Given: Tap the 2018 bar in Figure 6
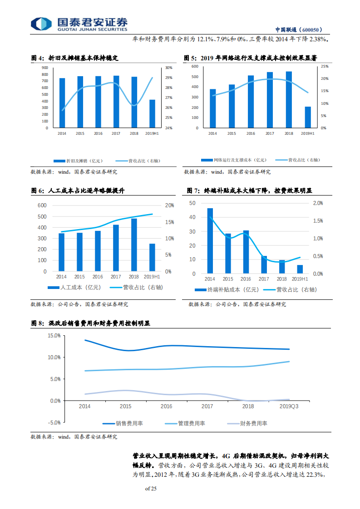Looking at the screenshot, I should coord(134,245).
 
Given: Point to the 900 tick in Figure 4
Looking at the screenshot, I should coord(44,67).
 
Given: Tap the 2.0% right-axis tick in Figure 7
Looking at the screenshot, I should coord(318,203).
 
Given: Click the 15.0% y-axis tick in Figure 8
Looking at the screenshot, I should coord(54,336).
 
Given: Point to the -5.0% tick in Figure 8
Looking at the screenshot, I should coord(54,422).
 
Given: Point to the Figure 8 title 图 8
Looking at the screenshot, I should coord(37,323).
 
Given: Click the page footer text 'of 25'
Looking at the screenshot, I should coord(151,489).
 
